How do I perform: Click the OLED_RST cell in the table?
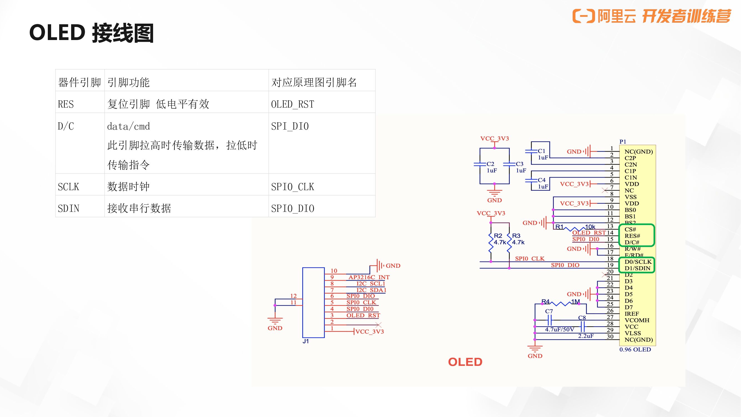(x=293, y=104)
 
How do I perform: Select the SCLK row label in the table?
(x=68, y=187)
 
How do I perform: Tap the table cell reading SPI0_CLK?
(x=293, y=187)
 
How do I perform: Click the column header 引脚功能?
(x=128, y=83)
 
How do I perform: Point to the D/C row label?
(x=66, y=126)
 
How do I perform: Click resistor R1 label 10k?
(x=590, y=227)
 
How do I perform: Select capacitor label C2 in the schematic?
(x=490, y=164)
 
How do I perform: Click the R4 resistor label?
(x=545, y=302)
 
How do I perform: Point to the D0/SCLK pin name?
(x=638, y=262)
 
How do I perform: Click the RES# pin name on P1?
(x=632, y=236)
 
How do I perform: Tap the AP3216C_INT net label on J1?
(x=369, y=277)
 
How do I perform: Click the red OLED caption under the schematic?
(x=465, y=362)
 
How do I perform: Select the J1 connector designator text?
(x=306, y=341)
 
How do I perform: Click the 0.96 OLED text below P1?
(x=635, y=349)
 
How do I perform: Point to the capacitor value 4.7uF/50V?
(x=560, y=329)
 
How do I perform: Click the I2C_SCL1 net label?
(x=371, y=284)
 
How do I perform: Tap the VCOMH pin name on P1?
(x=637, y=320)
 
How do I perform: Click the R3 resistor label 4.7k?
(x=518, y=242)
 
